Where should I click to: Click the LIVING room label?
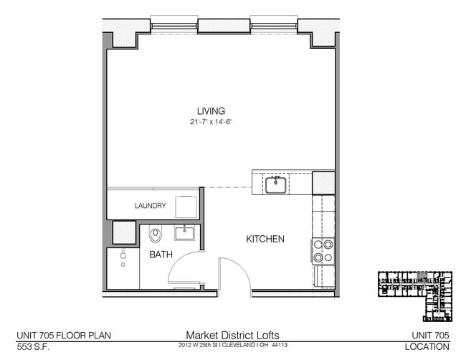[211, 111]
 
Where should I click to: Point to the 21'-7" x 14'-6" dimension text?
[211, 122]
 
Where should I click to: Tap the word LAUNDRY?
[151, 206]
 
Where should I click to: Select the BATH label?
[161, 255]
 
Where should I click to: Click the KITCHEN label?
[265, 239]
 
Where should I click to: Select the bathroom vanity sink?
[186, 232]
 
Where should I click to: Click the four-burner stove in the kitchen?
[323, 250]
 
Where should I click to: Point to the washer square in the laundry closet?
[189, 206]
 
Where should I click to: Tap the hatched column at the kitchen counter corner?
[323, 182]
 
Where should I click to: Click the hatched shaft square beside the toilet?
[124, 233]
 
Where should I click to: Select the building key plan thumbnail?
[417, 295]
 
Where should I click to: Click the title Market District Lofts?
[232, 335]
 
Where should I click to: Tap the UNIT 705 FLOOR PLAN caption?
[64, 335]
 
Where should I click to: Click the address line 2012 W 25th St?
[232, 346]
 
